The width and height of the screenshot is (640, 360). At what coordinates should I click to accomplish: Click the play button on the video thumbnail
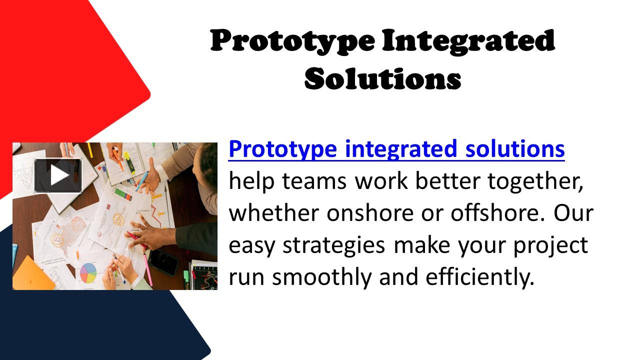point(58,175)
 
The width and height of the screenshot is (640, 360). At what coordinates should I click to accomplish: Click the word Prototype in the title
point(292,41)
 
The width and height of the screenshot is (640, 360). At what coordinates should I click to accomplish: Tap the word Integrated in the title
point(468,41)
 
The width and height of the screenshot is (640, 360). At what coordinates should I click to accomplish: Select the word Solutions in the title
point(382,78)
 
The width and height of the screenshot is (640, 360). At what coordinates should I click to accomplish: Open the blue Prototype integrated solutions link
point(396,149)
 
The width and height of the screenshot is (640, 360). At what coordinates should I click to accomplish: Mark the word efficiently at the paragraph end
point(480,277)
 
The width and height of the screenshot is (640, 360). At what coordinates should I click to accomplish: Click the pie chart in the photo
point(88,272)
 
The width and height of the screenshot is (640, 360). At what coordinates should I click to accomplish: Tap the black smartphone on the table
point(163,261)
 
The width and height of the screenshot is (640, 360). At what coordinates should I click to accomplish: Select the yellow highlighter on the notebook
point(129,162)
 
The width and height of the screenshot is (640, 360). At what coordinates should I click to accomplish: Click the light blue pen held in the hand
point(142,178)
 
